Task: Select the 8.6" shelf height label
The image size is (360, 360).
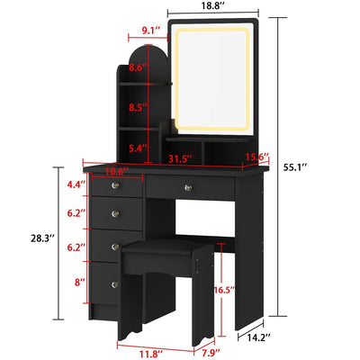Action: [138, 67]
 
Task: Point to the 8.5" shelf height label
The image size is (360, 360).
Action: [138, 107]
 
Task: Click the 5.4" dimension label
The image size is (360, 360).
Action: [138, 148]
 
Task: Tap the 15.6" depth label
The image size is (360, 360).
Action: [257, 159]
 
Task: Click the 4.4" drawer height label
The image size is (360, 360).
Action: [76, 184]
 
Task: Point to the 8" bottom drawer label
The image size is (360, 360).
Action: [79, 283]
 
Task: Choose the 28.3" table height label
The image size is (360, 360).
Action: [39, 238]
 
